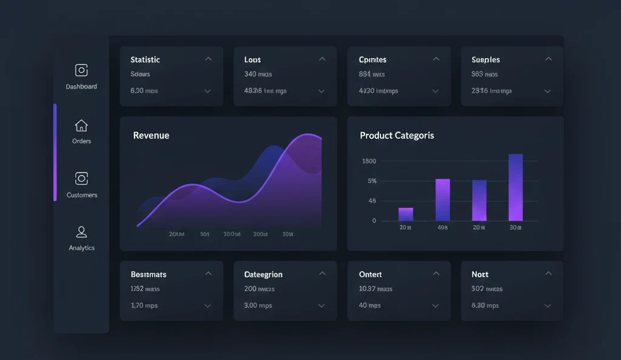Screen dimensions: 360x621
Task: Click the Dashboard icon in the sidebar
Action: pos(81,70)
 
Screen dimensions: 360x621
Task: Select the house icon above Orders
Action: pos(81,125)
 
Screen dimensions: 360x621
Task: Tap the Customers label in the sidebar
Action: pos(82,195)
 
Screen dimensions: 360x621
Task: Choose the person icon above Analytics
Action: pos(81,232)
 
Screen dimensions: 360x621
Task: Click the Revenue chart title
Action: pos(151,135)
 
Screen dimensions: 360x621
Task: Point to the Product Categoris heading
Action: pos(397,136)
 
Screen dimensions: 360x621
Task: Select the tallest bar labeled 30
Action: pos(515,187)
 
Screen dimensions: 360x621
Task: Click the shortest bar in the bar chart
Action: pos(406,214)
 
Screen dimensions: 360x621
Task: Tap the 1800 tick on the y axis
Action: pos(369,161)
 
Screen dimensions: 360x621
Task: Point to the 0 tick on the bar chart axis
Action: pos(374,221)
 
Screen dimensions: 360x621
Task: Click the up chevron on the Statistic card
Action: pos(208,59)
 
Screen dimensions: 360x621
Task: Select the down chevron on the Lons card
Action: pos(321,91)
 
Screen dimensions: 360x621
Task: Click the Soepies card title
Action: pos(486,59)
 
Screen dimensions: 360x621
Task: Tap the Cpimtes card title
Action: pos(372,59)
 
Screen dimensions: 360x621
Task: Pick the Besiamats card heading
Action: pos(149,274)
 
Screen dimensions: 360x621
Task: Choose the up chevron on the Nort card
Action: pos(548,274)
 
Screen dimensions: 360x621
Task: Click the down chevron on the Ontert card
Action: pos(435,306)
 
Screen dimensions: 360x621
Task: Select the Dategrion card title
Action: pos(263,274)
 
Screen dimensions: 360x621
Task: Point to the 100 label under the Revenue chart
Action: pos(232,234)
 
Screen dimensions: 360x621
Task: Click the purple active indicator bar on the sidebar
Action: pos(55,152)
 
